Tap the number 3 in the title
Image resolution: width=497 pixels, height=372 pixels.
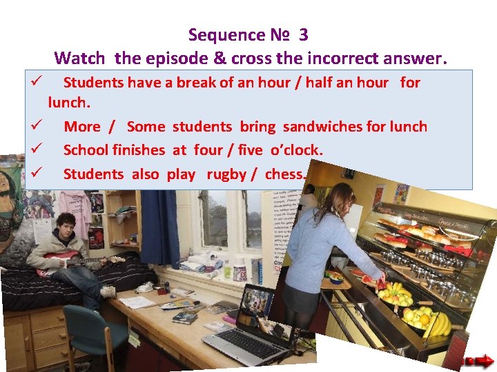pyautogui.click(x=311, y=34)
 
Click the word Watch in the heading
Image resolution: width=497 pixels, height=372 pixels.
pyautogui.click(x=79, y=58)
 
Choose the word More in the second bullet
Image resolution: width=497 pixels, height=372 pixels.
pyautogui.click(x=81, y=127)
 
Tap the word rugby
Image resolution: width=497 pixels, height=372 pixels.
pyautogui.click(x=226, y=174)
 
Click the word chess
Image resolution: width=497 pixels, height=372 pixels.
pyautogui.click(x=284, y=174)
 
